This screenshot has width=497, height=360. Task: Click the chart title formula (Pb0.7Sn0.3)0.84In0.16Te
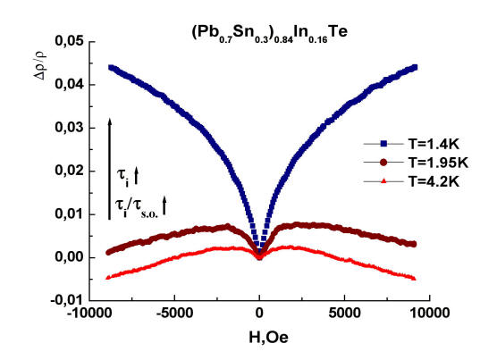point(270,34)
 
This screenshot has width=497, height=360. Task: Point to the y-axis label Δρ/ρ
point(40,66)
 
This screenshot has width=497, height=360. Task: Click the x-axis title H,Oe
point(268,338)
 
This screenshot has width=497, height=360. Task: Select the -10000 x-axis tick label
point(88,314)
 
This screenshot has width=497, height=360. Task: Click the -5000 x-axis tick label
point(174,314)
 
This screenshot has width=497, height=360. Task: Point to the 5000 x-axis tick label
point(344,314)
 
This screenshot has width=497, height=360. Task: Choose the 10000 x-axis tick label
point(430,314)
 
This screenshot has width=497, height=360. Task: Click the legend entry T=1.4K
point(434,145)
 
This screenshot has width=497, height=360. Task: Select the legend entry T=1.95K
point(438,163)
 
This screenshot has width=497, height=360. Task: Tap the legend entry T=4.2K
point(434,181)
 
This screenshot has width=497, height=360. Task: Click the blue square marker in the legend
point(383,145)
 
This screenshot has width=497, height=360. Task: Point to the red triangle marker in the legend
point(383,181)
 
